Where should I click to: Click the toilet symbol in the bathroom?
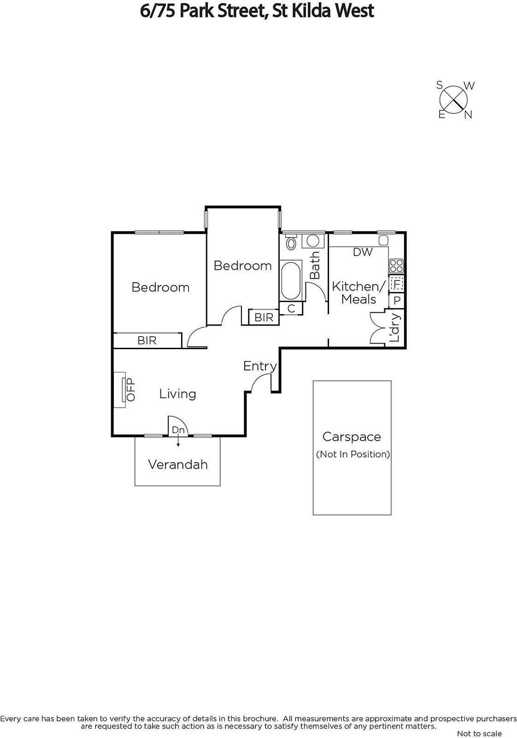coord(291,242)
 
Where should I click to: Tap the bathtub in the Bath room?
coord(291,280)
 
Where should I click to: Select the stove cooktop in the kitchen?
coord(396,266)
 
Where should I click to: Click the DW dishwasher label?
coord(363,252)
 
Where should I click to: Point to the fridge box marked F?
coord(397,283)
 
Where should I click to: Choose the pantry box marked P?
coord(397,300)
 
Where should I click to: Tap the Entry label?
coord(260,366)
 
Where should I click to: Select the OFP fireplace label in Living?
coord(131,389)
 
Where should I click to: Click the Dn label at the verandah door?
coord(178,429)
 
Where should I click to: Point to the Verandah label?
coord(178,464)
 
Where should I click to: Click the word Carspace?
coord(352,437)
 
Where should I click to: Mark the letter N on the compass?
coord(468,115)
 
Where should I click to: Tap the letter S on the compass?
coord(439,85)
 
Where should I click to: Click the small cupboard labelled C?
coord(291,309)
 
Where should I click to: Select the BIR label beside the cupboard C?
coord(264,317)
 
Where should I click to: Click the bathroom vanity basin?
coord(313,241)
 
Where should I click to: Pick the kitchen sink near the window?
coord(383,240)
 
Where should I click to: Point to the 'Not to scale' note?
coord(480,733)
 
